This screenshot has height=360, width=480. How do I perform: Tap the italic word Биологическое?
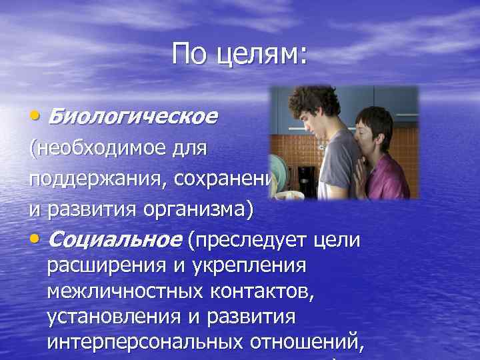133,117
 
